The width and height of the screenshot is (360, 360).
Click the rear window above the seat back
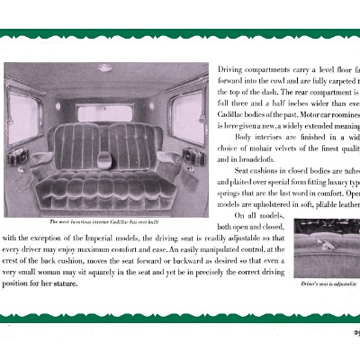click(x=107, y=112)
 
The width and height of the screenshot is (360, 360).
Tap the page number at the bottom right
click(x=354, y=327)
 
